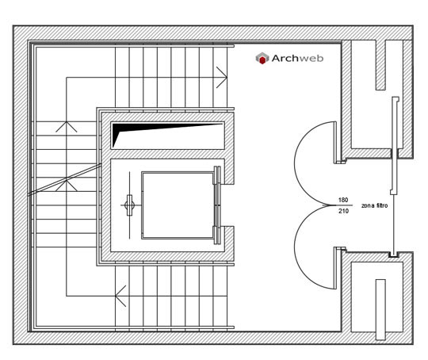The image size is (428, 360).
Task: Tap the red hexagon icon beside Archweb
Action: (x=262, y=59)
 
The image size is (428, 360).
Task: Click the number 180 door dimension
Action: (x=343, y=200)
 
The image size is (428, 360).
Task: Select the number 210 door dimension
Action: (x=343, y=211)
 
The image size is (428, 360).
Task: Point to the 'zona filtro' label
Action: (x=374, y=205)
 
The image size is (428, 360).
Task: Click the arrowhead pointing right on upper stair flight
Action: (x=222, y=77)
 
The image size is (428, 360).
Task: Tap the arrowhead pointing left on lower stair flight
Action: (x=120, y=296)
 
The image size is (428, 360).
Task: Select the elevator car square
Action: (x=178, y=205)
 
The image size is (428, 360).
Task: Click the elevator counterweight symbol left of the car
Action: (x=129, y=205)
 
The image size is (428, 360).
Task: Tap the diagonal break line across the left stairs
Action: (x=65, y=179)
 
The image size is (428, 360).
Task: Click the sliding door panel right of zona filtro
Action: (x=395, y=145)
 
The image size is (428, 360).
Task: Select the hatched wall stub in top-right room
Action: (x=380, y=65)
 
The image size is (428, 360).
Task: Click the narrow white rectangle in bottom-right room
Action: (x=380, y=309)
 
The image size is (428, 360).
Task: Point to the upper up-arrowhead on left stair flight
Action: (x=67, y=127)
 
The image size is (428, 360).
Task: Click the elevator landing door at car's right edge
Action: (x=217, y=205)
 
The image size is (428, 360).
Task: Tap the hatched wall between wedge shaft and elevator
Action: (x=167, y=154)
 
